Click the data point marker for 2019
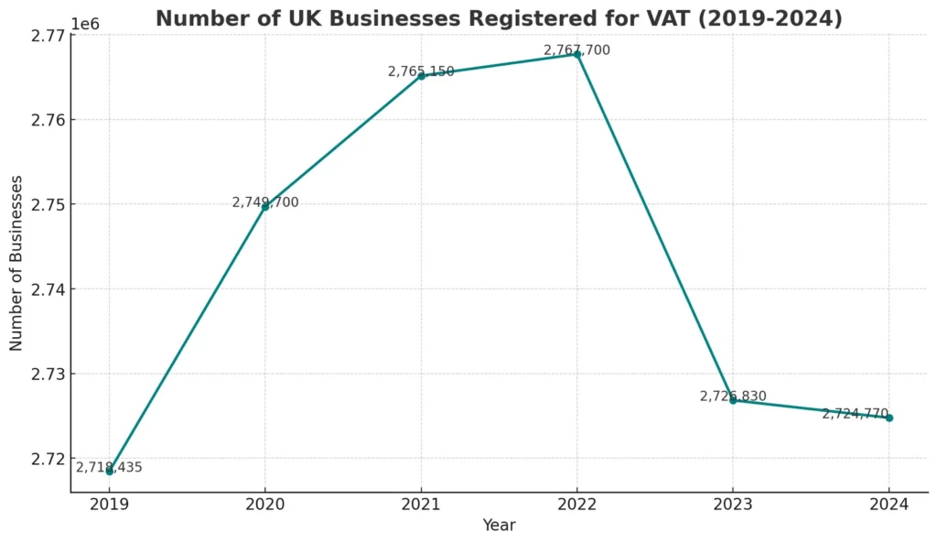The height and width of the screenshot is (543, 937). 110,471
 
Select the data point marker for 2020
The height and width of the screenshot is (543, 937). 265,206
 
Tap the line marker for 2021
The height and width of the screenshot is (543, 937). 422,75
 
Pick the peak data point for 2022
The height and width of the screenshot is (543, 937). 577,53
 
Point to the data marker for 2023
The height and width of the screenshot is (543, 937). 733,400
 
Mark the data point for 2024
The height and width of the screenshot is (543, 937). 889,418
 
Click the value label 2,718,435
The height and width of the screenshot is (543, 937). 109,467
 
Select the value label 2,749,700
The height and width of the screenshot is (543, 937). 265,202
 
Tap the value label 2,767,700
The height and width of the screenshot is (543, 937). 576,50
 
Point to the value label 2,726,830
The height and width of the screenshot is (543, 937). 733,396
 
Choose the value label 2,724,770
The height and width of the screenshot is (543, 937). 855,413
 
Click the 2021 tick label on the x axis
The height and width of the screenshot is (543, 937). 422,504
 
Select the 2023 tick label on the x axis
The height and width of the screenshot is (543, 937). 733,504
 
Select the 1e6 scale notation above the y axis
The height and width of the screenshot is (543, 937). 85,24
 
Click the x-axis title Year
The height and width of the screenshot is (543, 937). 499,526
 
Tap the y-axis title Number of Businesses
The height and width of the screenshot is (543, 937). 16,263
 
